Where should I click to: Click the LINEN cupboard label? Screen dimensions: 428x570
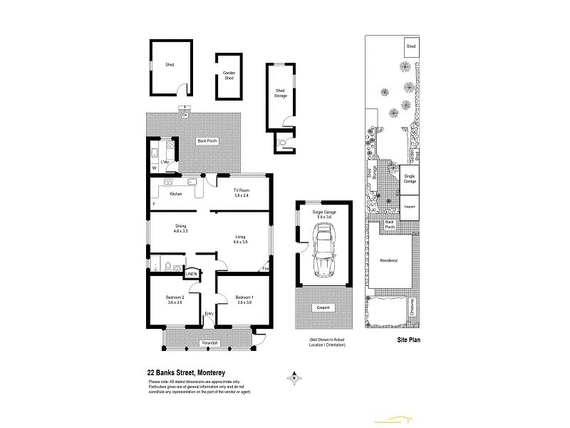[191, 274]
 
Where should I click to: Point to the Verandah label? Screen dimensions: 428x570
[209, 344]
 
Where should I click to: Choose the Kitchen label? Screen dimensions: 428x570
[175, 194]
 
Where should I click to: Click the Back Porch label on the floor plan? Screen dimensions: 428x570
[207, 141]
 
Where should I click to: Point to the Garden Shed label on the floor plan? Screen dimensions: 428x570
[229, 76]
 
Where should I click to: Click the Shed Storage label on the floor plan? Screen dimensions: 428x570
[281, 93]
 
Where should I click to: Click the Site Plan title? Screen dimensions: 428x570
[408, 340]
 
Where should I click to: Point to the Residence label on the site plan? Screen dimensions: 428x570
[388, 260]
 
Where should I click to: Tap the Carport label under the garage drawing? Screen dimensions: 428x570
[324, 308]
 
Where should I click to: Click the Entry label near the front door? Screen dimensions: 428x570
[209, 314]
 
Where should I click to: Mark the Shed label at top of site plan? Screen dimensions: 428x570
[410, 46]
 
